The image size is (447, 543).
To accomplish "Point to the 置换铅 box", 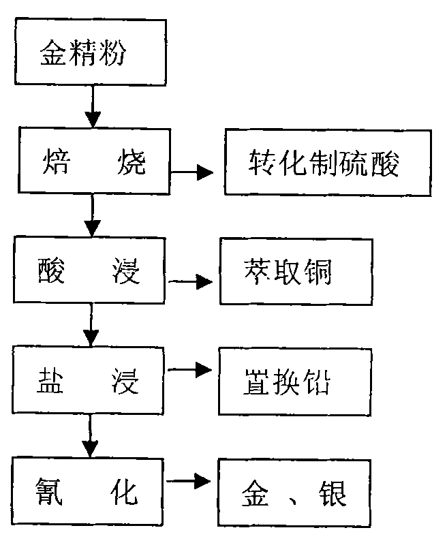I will [x=294, y=382].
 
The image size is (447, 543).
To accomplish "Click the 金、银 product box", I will [x=294, y=492].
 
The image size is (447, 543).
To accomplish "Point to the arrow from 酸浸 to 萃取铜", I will [x=191, y=280].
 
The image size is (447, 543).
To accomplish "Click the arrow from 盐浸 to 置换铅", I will [x=191, y=370].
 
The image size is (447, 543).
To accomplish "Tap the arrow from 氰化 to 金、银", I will [x=191, y=481].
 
